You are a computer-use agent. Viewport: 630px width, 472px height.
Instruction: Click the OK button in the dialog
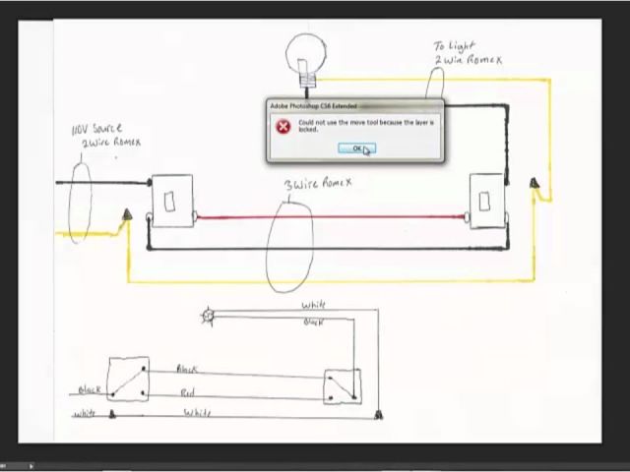[x=356, y=148]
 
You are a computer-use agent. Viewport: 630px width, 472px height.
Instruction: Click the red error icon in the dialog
[x=283, y=127]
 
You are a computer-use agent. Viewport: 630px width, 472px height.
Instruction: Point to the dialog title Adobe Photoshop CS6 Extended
[x=314, y=105]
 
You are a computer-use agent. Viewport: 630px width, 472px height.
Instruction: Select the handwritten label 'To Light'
[x=454, y=45]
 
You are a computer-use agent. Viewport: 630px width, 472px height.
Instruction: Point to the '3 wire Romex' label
[x=317, y=183]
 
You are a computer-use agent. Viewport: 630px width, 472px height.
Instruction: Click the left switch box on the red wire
[x=170, y=202]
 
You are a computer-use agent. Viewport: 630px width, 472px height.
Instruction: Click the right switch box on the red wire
[x=484, y=201]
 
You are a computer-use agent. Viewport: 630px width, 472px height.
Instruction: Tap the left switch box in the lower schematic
[x=128, y=380]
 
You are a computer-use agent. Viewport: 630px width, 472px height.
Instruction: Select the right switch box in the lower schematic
[x=343, y=386]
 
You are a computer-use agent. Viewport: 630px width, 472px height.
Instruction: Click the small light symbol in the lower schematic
[x=208, y=316]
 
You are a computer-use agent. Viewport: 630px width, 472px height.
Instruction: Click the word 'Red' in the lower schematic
[x=187, y=392]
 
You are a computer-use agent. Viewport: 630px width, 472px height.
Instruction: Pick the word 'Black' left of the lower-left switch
[x=91, y=389]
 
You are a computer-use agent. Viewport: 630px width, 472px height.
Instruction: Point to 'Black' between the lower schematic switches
[x=187, y=369]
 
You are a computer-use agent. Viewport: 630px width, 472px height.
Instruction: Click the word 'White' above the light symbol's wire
[x=314, y=306]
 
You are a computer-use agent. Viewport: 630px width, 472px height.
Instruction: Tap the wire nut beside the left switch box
[x=126, y=216]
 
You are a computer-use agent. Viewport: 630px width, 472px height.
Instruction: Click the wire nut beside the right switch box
[x=534, y=185]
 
